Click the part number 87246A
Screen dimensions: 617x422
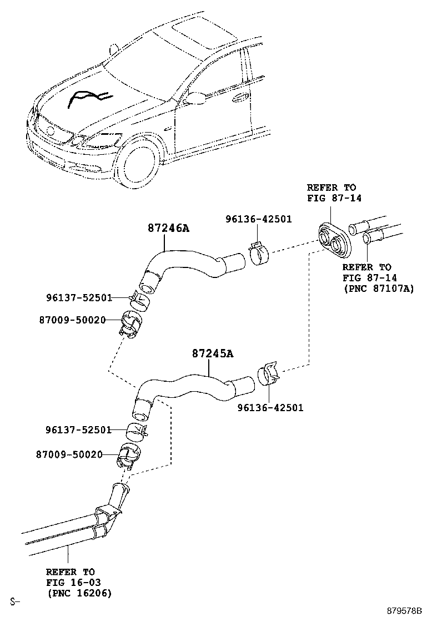pyautogui.click(x=168, y=227)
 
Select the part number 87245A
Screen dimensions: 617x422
pyautogui.click(x=213, y=353)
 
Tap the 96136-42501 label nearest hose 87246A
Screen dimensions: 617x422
pyautogui.click(x=258, y=219)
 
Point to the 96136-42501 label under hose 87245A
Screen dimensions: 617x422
pyautogui.click(x=270, y=408)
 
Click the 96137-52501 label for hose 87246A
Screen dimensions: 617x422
pyautogui.click(x=78, y=298)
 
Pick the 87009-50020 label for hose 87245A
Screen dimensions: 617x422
pyautogui.click(x=71, y=454)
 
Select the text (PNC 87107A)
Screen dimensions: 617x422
pyautogui.click(x=379, y=289)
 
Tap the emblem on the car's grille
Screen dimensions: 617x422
pyautogui.click(x=49, y=131)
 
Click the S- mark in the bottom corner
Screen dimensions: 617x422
pyautogui.click(x=14, y=601)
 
